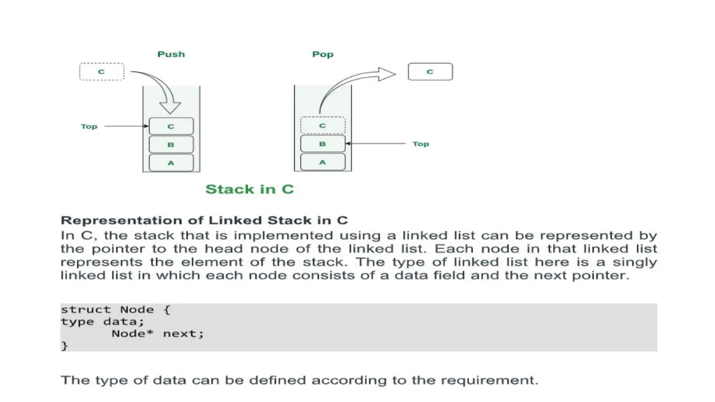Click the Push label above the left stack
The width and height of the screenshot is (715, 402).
point(171,54)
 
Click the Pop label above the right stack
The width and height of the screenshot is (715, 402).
point(323,54)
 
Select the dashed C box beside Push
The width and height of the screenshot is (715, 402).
point(102,72)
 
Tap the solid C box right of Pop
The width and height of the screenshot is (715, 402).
point(430,72)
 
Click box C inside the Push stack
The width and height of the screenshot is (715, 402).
point(171,126)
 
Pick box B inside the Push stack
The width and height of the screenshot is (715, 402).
point(171,144)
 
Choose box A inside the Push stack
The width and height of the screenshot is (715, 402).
point(171,163)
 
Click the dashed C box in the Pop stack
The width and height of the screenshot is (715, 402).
point(323,126)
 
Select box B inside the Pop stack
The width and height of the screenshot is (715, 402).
point(323,144)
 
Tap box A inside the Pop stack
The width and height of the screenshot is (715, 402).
point(323,162)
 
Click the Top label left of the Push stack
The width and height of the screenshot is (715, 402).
point(89,126)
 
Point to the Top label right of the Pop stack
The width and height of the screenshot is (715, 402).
point(421,144)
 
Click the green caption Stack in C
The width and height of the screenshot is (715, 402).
point(250,189)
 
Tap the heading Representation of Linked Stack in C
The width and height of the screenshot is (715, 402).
point(204,221)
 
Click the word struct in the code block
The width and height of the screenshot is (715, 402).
point(86,310)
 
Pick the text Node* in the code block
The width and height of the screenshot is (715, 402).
point(132,334)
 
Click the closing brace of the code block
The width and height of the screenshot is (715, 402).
point(64,346)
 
